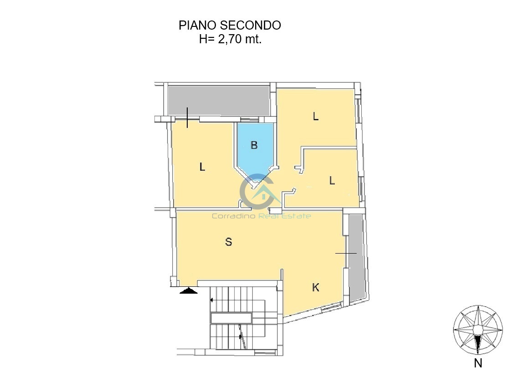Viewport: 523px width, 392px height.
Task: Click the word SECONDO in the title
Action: pos(251,25)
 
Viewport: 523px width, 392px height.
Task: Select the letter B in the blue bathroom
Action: pos(254,145)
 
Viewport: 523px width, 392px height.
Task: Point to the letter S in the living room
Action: pos(229,242)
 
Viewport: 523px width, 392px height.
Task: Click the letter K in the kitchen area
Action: pos(316,287)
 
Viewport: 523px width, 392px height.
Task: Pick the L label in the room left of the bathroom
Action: pos(202,167)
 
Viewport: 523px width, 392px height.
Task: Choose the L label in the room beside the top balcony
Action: pos(316,117)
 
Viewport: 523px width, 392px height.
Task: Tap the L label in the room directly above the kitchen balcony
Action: pos(332,181)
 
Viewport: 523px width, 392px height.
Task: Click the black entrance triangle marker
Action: pos(189,290)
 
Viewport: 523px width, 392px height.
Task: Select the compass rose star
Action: pos(478,330)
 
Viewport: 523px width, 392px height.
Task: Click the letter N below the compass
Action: pos(478,363)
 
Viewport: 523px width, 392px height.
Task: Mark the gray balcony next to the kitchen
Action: pos(355,258)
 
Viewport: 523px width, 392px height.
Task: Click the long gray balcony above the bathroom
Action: pos(219,101)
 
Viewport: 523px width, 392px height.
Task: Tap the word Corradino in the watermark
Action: pos(234,216)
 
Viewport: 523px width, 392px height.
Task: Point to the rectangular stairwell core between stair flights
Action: pos(231,318)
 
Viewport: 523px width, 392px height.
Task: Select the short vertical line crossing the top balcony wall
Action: pos(187,117)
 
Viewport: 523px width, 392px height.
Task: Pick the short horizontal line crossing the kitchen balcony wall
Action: pos(346,253)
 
